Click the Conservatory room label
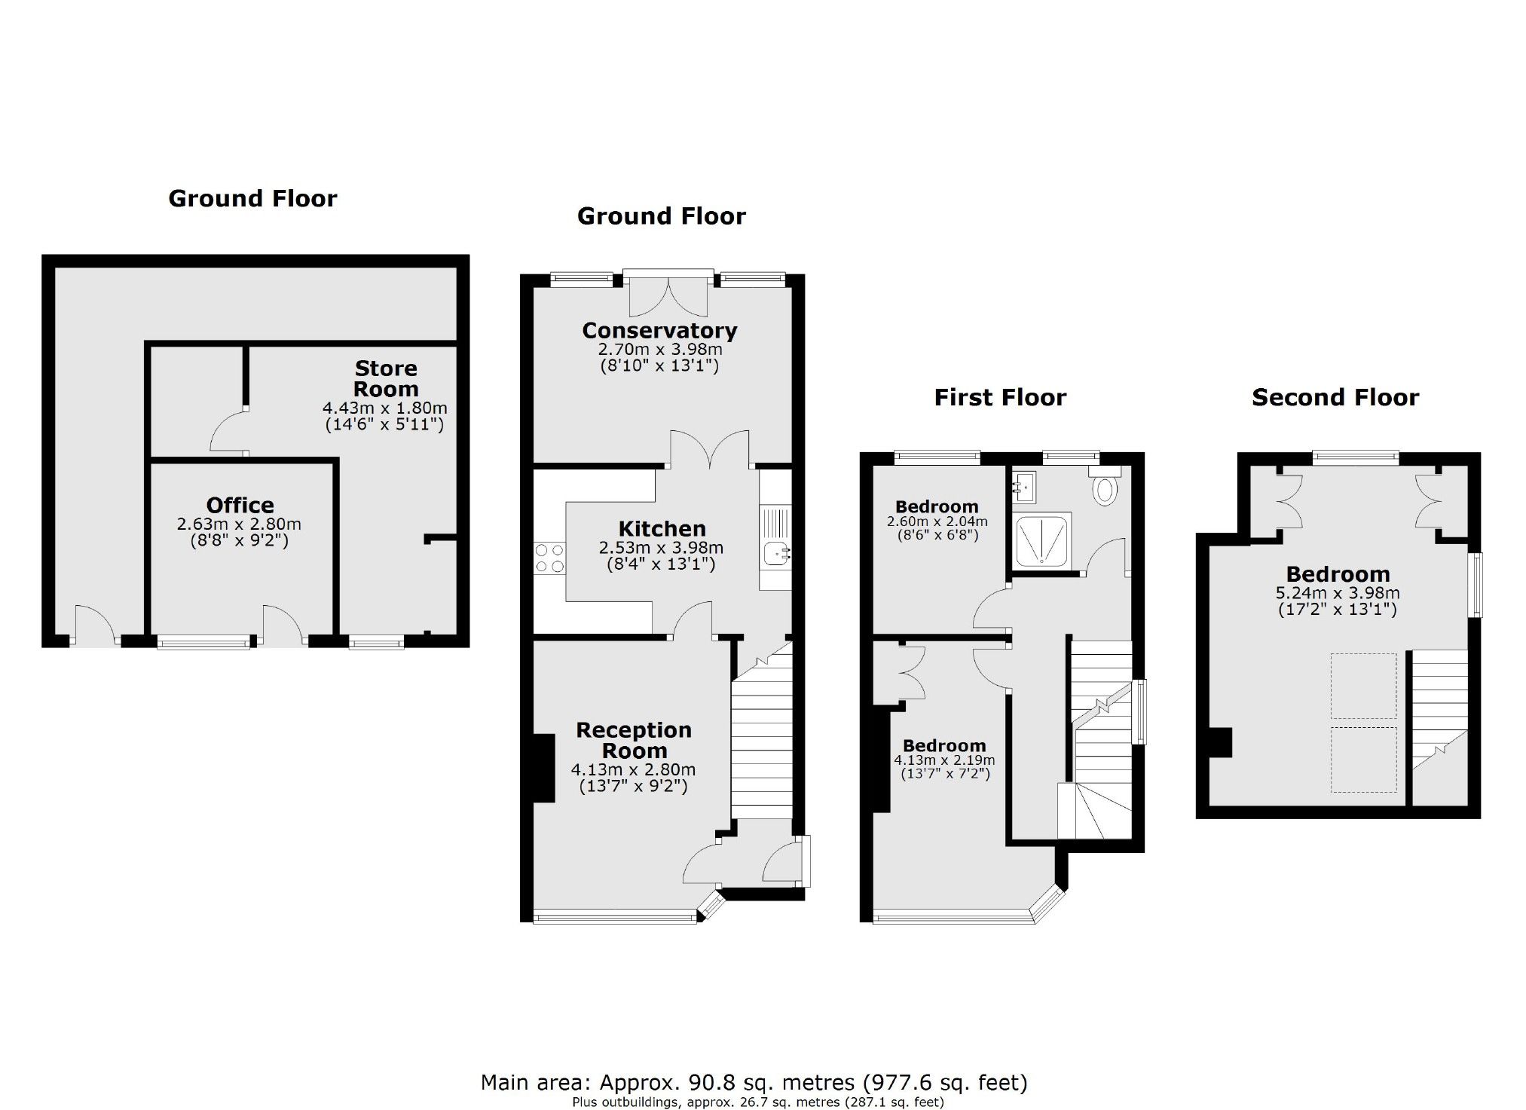point(659,330)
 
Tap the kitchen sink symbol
point(776,555)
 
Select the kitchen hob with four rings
point(549,558)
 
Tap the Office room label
point(240,505)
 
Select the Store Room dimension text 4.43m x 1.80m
point(385,408)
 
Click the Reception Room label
point(634,740)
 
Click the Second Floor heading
point(1335,397)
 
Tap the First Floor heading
point(1000,397)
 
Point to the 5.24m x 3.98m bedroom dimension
point(1338,593)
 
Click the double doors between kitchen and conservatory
point(710,449)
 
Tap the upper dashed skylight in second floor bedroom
point(1362,686)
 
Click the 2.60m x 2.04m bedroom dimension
point(937,521)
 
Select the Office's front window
point(203,642)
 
